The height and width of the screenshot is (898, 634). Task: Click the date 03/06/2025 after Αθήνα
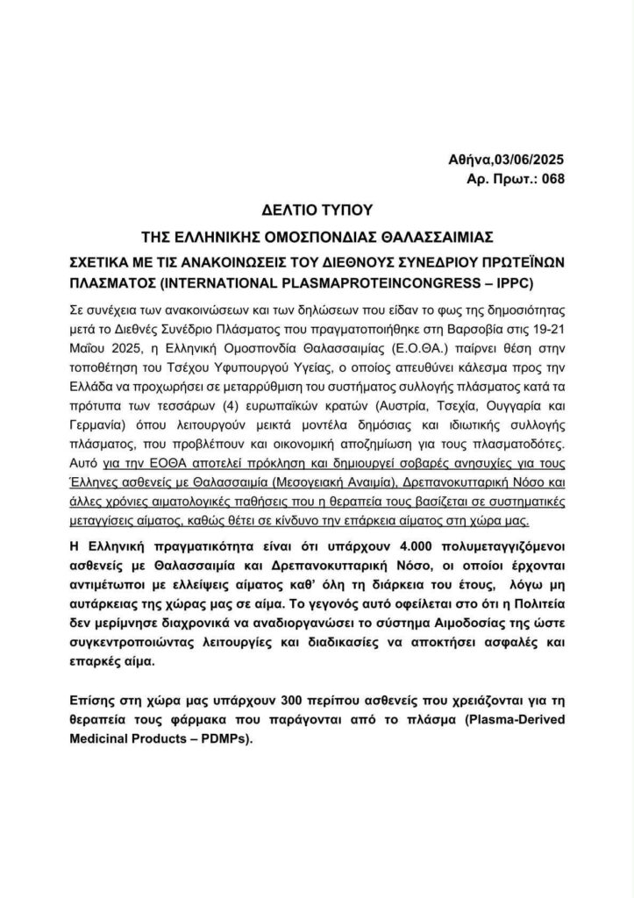[526, 159]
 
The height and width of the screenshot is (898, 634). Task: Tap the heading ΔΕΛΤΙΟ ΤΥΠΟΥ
[317, 210]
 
